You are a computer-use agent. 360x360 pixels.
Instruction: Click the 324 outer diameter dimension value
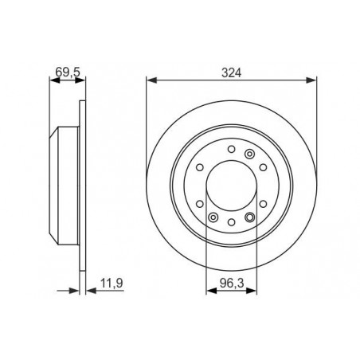(232, 72)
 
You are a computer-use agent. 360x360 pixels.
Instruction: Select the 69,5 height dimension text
(68, 72)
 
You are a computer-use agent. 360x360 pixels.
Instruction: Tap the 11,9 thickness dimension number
(112, 283)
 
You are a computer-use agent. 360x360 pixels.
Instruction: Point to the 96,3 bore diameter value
(232, 284)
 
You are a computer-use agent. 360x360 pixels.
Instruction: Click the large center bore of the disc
(231, 186)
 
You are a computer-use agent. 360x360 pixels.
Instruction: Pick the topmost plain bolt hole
(232, 149)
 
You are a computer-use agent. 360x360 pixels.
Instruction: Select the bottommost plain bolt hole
(232, 222)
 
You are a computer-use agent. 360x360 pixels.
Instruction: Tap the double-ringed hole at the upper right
(249, 154)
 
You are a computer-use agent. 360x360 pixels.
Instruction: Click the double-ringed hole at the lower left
(213, 217)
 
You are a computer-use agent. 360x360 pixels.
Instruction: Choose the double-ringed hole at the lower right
(249, 217)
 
